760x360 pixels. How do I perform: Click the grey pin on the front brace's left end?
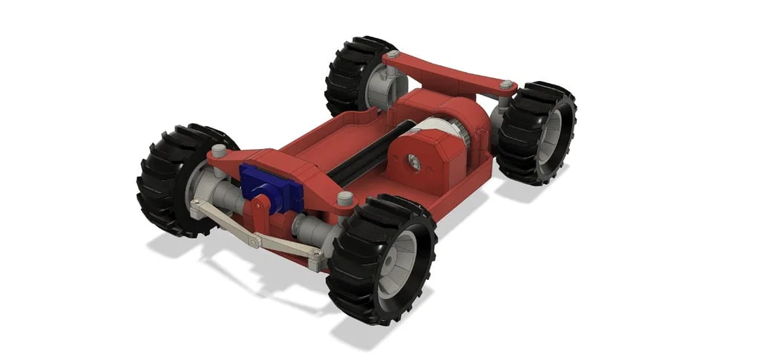[218, 151]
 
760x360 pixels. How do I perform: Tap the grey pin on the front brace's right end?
[344, 198]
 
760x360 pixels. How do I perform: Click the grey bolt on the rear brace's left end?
[391, 56]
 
